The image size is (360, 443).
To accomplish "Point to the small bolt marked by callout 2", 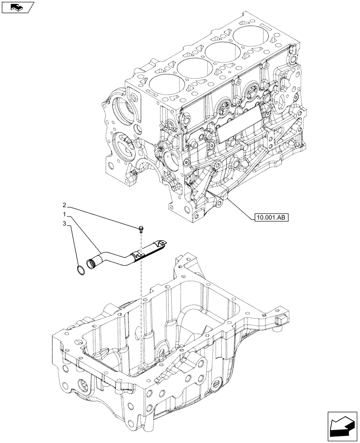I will click(x=141, y=229).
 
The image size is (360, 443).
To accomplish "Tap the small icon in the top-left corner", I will click(x=17, y=7).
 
